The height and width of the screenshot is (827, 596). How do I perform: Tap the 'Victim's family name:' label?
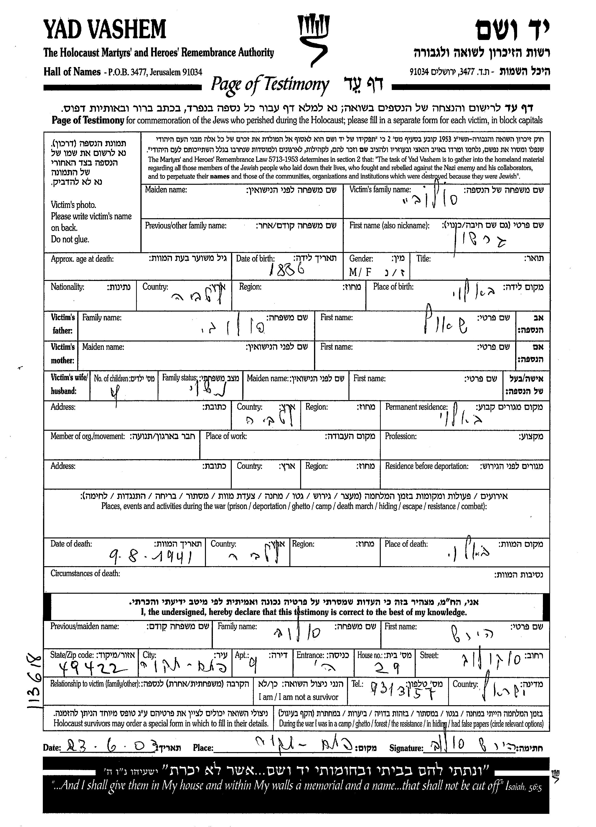[x=380, y=190]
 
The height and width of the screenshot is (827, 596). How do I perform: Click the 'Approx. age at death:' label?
[x=82, y=259]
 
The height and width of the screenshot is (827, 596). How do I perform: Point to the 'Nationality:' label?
[x=67, y=287]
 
